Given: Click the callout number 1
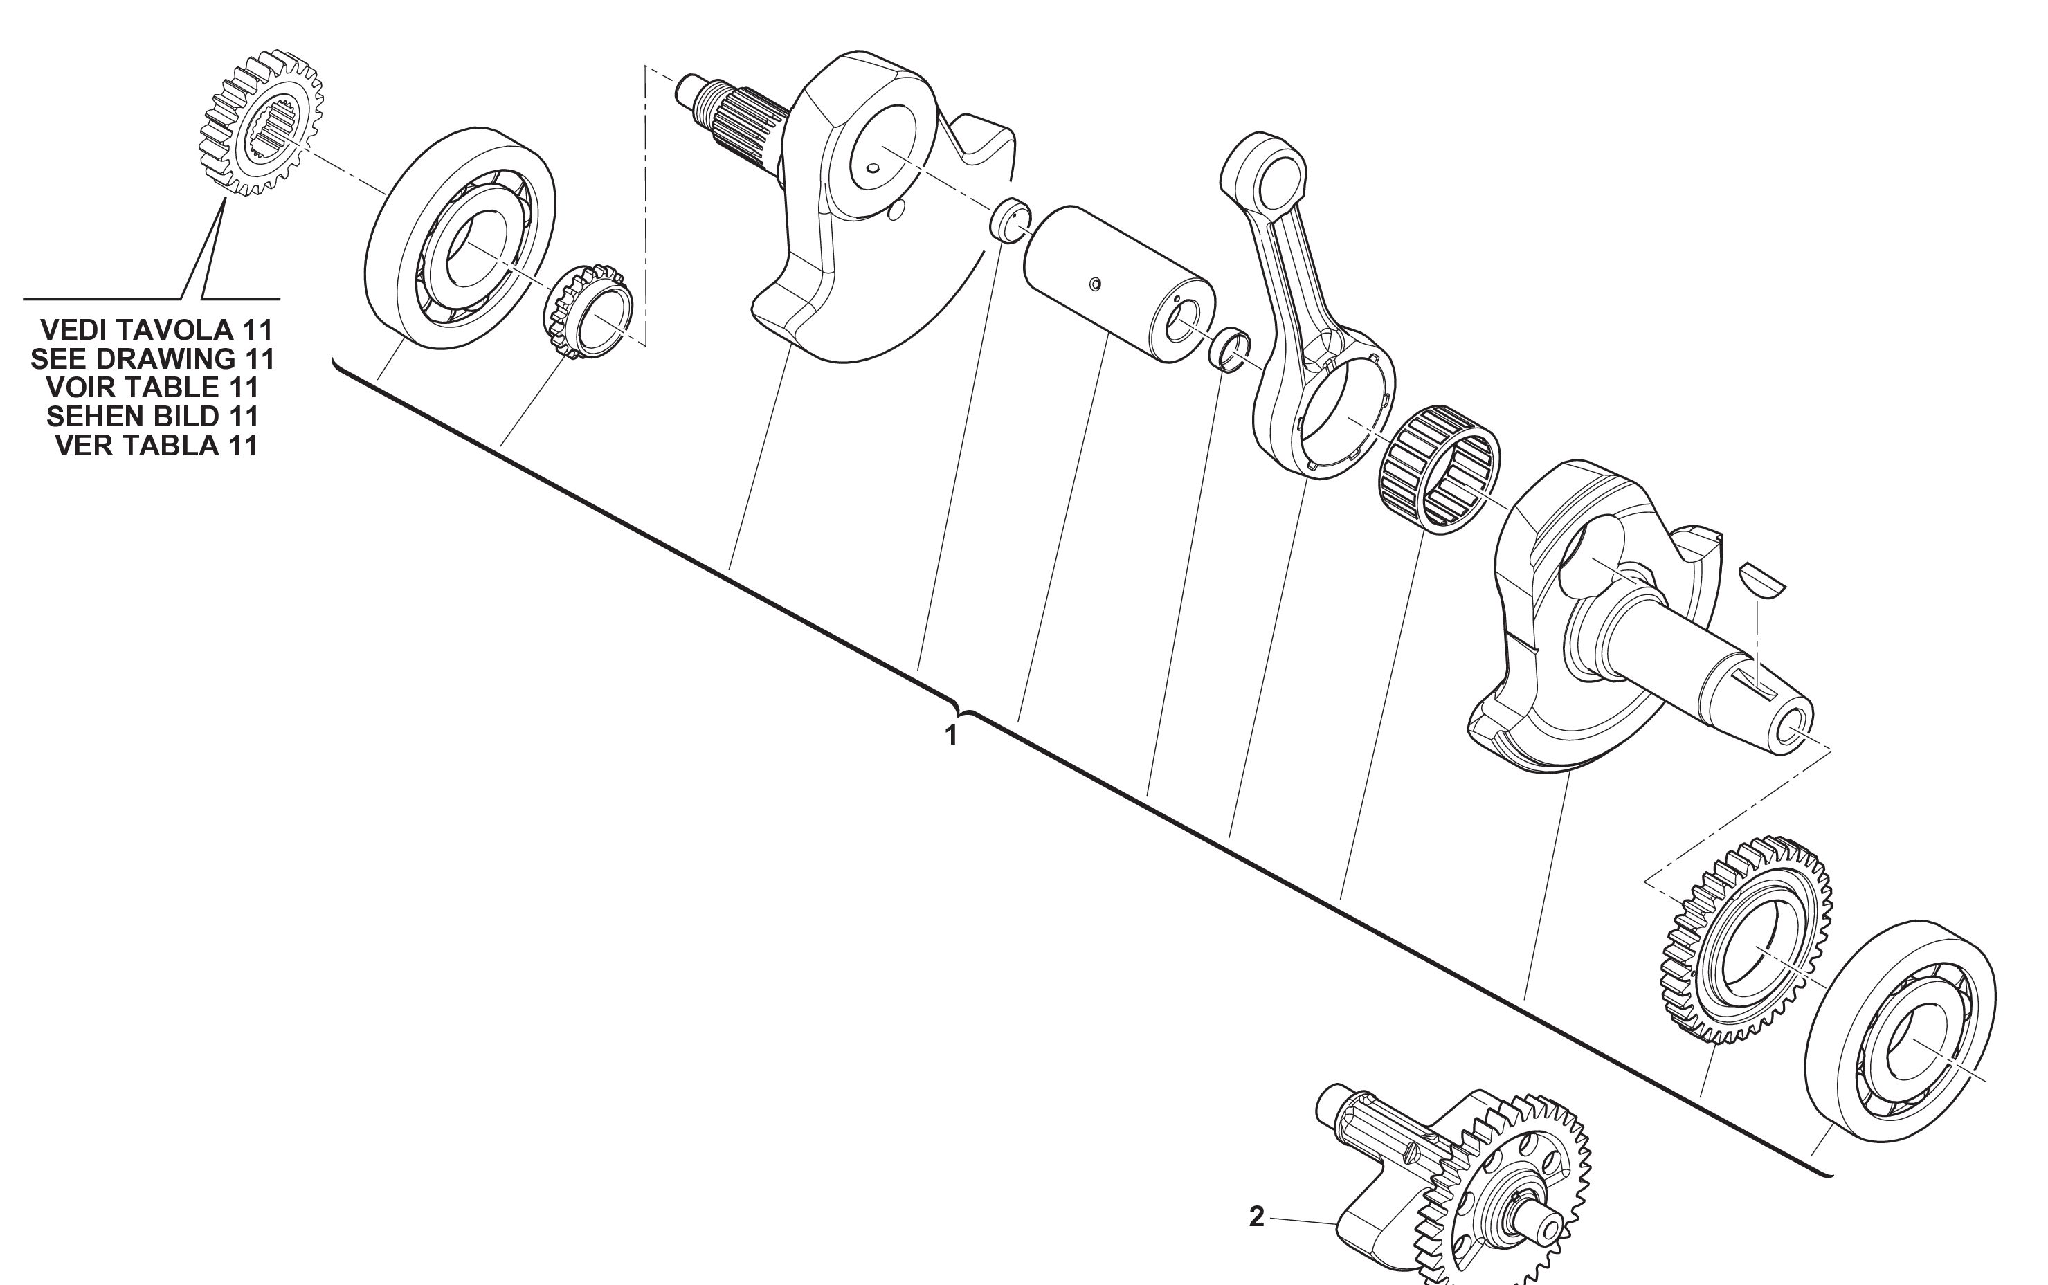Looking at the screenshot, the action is pos(952,735).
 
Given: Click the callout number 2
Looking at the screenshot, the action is pos(1257,1217).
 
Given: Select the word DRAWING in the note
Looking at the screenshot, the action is pos(167,358).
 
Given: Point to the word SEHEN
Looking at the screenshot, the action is pos(96,417).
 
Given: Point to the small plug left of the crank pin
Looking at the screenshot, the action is pos(1011,220).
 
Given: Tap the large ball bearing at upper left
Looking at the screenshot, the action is pos(460,237).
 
